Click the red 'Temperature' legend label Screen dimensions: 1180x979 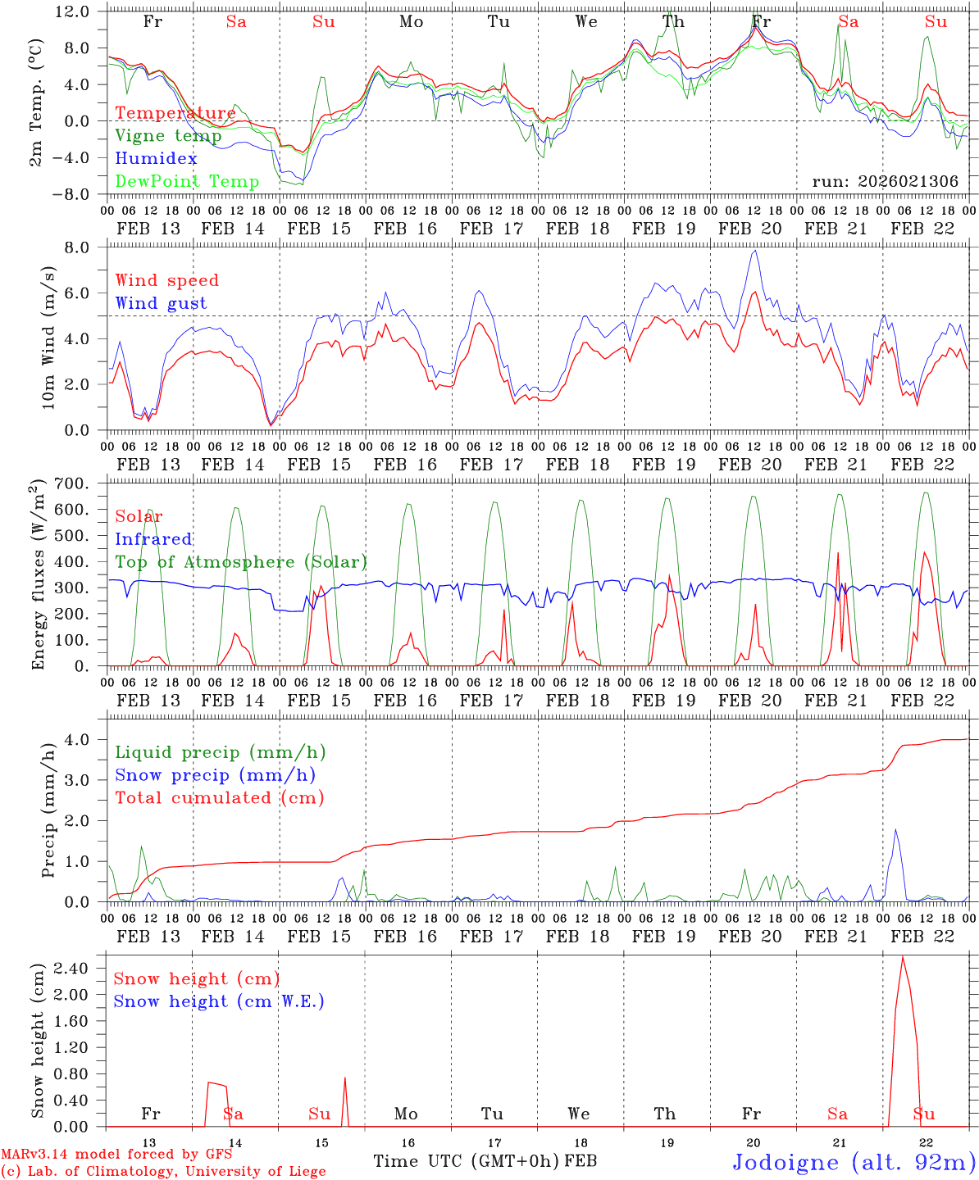coord(175,113)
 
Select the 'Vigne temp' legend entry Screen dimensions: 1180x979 coord(168,135)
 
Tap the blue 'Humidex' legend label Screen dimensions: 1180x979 coord(156,158)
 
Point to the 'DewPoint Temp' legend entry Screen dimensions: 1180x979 coord(187,181)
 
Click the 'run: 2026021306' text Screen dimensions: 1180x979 coord(885,181)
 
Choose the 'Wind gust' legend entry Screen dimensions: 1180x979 coord(161,303)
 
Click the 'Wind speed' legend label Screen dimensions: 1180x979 coord(167,280)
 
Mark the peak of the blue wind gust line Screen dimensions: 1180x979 coord(754,251)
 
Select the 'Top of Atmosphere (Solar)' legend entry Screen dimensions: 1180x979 coord(241,562)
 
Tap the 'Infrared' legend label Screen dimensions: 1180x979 coord(153,539)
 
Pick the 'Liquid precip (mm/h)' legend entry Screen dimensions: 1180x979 coord(221,752)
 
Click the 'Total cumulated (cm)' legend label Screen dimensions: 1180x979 coord(220,797)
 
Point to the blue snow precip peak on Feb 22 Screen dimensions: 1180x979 coord(895,829)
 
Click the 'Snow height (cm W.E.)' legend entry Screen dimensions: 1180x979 coord(219,1001)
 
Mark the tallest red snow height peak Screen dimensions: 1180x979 coord(903,956)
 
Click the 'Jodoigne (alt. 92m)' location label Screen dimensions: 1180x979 coord(854,1162)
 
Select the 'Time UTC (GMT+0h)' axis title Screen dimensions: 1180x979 coord(467,1161)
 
